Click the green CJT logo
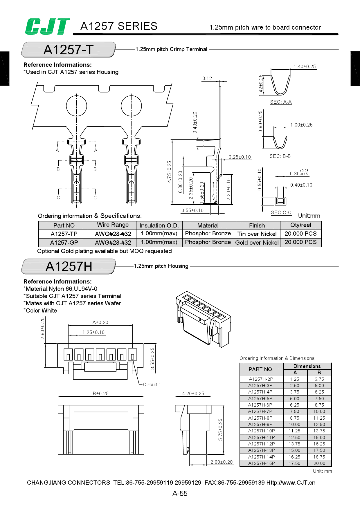click(47, 26)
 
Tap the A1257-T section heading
click(69, 50)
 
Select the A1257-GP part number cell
click(64, 243)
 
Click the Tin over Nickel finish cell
click(257, 234)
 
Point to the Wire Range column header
click(113, 225)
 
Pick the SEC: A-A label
click(281, 102)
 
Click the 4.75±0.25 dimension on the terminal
click(169, 172)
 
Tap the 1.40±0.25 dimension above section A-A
click(305, 66)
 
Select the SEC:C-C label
click(281, 212)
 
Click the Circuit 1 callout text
click(152, 385)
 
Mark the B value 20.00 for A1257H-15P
click(319, 463)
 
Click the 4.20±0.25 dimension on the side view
click(193, 394)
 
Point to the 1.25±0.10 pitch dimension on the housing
click(93, 332)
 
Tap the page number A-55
click(180, 493)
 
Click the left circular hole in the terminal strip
click(76, 106)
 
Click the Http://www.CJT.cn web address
click(291, 483)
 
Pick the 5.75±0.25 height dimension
click(220, 429)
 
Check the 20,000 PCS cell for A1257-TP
click(300, 234)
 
